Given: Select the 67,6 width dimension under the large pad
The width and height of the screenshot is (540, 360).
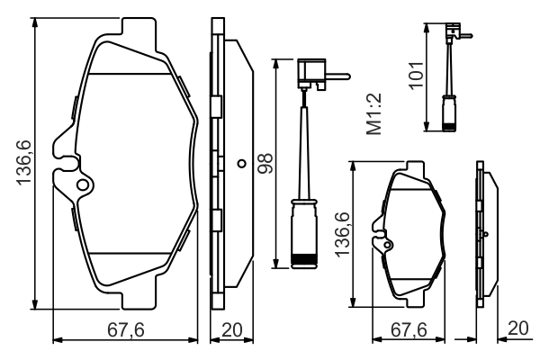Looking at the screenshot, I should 125,329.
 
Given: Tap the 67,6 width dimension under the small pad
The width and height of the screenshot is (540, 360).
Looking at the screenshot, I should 408,329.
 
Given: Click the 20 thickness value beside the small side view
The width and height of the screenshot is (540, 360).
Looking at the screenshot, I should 517,329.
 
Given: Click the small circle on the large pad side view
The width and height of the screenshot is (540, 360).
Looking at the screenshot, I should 241,164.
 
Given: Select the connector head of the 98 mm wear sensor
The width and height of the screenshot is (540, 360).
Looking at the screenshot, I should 312,71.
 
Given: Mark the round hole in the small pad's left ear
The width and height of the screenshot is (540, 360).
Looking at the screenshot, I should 388,240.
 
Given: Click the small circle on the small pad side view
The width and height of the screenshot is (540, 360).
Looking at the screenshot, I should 485,233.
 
